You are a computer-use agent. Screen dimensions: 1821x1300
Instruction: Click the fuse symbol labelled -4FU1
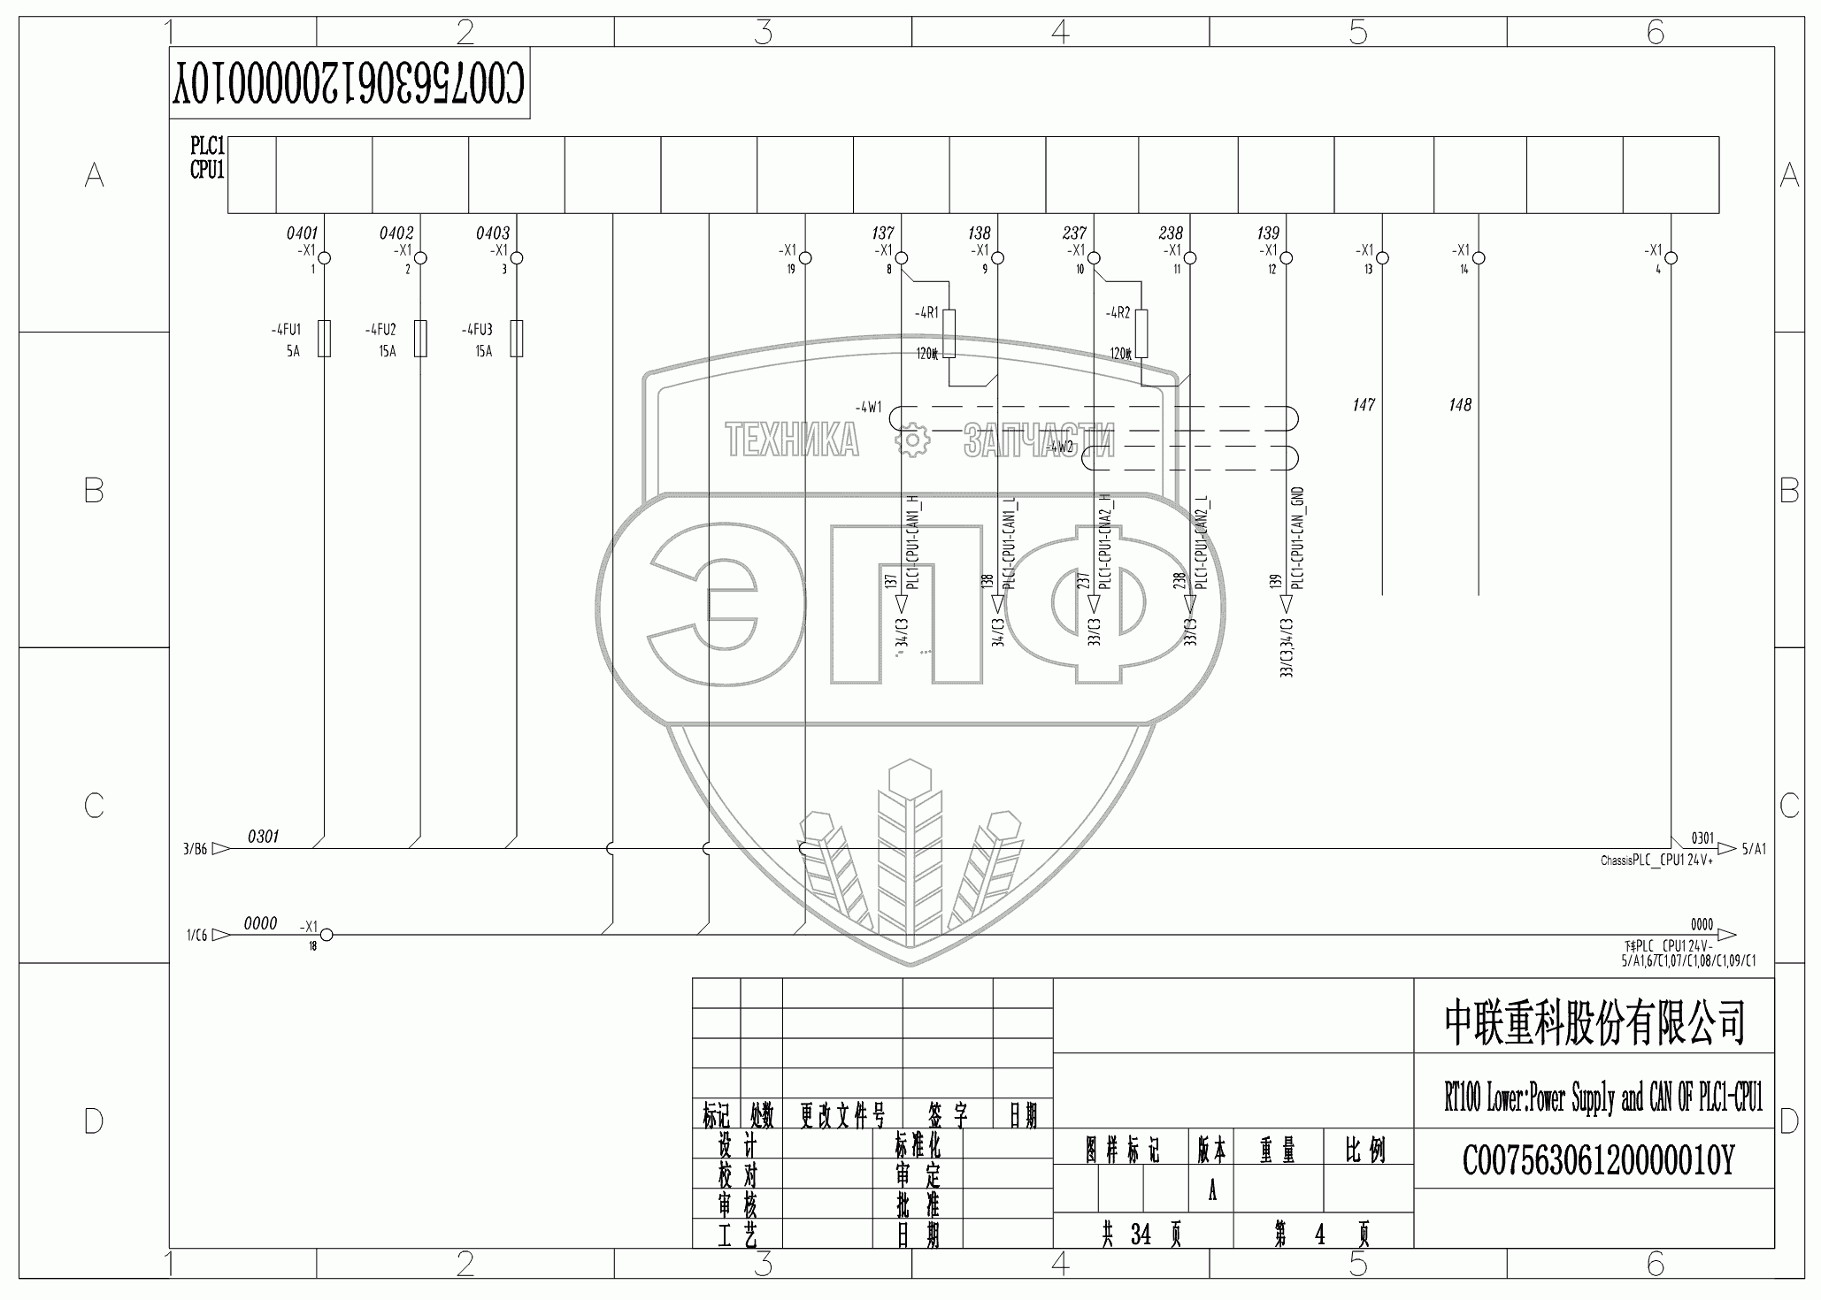325,339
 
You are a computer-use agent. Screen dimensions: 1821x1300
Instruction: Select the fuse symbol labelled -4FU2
421,339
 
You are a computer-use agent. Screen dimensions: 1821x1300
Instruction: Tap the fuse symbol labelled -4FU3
518,339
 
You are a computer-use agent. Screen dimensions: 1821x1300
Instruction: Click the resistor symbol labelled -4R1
949,333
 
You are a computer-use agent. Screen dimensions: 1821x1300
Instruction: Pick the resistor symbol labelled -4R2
1141,333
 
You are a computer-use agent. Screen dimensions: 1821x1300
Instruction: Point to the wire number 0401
302,233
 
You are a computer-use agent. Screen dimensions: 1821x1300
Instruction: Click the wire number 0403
493,233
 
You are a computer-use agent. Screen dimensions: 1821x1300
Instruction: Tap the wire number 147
1364,405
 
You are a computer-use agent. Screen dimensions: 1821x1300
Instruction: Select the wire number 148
1460,405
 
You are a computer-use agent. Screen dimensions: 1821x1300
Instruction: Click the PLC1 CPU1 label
208,157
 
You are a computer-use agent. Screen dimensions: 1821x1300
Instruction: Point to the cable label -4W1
868,408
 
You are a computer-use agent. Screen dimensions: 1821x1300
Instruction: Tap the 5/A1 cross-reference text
1754,849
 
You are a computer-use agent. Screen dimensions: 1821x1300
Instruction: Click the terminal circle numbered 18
326,935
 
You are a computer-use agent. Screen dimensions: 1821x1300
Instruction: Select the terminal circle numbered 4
1671,258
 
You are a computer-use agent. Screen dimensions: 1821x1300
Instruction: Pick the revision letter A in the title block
1212,1191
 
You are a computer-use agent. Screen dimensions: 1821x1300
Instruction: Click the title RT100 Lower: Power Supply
1602,1099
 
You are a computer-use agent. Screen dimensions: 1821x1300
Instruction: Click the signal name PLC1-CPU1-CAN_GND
1298,539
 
